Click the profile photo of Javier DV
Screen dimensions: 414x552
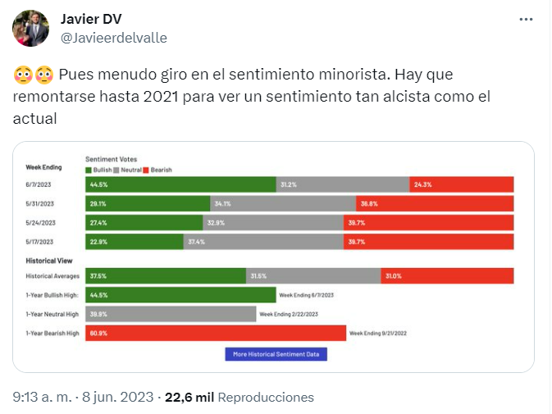pos(30,29)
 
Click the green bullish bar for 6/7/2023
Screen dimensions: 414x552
pos(180,185)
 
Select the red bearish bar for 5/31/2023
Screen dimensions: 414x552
pos(435,203)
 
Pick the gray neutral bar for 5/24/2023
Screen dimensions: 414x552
pos(273,222)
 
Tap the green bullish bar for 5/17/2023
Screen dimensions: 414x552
pos(135,241)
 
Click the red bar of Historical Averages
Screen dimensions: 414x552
pos(447,276)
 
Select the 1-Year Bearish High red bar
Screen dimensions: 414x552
pos(216,333)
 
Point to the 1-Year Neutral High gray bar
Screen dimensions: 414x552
pos(171,314)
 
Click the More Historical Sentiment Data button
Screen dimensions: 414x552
pos(276,354)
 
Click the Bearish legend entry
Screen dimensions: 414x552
pos(160,169)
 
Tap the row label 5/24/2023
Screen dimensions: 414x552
pos(40,222)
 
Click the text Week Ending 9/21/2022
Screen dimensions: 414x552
pos(378,333)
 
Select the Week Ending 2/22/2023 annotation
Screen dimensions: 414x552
pos(288,314)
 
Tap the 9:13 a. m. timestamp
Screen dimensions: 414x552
pos(43,397)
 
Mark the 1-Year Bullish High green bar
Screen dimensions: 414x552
pos(180,295)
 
